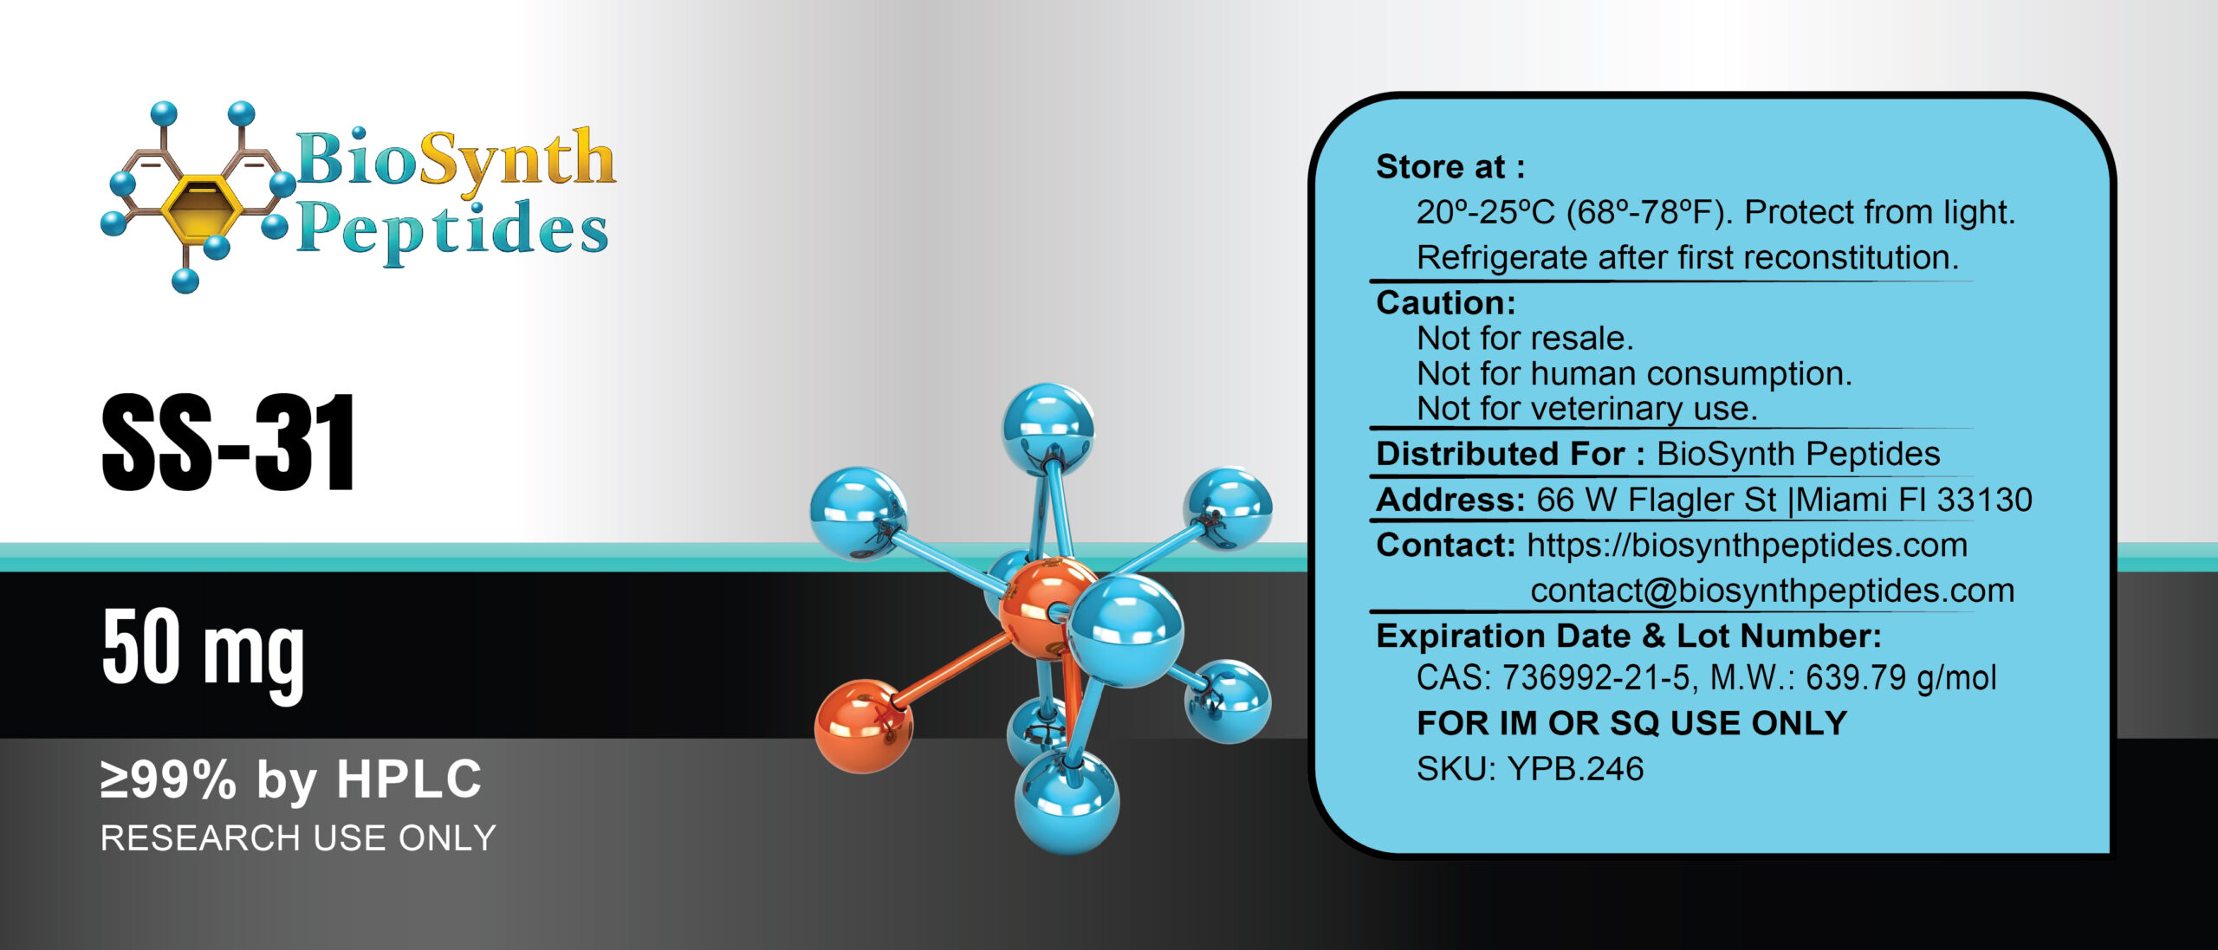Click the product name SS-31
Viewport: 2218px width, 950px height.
pyautogui.click(x=229, y=443)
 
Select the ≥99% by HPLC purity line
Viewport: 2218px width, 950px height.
pyautogui.click(x=291, y=779)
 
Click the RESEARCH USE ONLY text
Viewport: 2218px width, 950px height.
pyautogui.click(x=298, y=838)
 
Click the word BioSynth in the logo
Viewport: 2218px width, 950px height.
pyautogui.click(x=456, y=159)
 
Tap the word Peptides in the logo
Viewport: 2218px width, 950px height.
pyautogui.click(x=452, y=230)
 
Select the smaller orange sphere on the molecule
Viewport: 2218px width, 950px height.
pyautogui.click(x=863, y=726)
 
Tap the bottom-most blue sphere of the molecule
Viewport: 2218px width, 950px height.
pyautogui.click(x=1067, y=801)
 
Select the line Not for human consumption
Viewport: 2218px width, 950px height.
pyautogui.click(x=1634, y=374)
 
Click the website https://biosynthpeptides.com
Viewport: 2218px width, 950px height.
pyautogui.click(x=1747, y=546)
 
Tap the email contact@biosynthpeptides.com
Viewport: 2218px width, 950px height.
pyautogui.click(x=1772, y=591)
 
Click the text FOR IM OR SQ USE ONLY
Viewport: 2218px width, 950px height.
pyautogui.click(x=1631, y=723)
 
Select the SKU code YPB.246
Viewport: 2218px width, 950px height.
pyautogui.click(x=1575, y=769)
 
